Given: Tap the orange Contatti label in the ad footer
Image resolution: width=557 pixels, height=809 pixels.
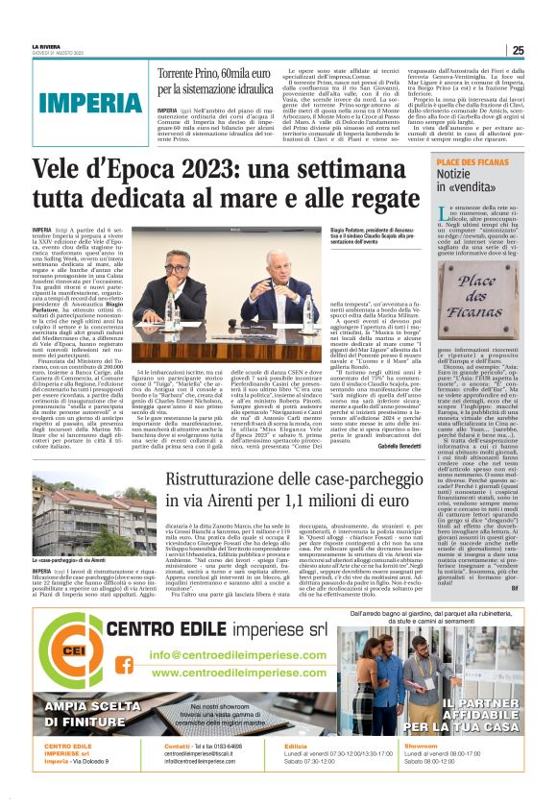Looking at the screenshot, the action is coord(178,772).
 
